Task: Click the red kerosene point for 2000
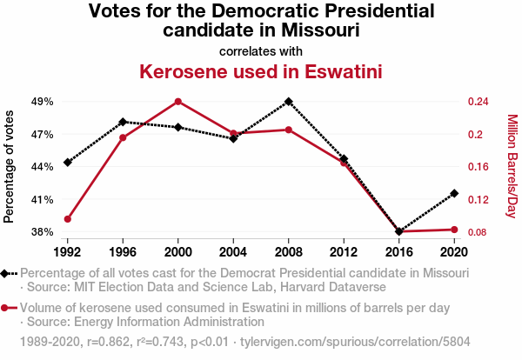[178, 102]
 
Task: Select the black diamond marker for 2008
[289, 102]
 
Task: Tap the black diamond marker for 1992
[68, 163]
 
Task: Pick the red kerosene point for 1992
[68, 219]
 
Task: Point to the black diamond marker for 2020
[454, 193]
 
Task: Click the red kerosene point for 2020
[454, 230]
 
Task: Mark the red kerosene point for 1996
[123, 137]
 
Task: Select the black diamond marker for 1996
[123, 122]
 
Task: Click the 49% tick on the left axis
[43, 102]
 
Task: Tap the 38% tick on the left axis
[43, 232]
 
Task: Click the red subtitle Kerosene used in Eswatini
[261, 71]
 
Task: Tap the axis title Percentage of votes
[10, 166]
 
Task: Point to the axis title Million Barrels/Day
[512, 166]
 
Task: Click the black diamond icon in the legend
[6, 273]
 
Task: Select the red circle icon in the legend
[6, 308]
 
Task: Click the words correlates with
[261, 50]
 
